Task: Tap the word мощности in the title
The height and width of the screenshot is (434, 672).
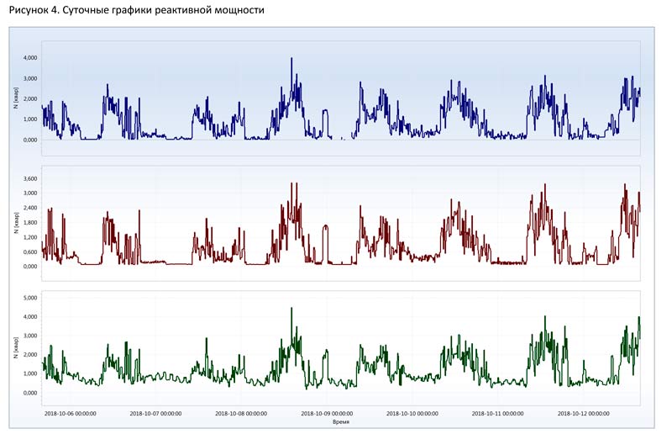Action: click(x=239, y=11)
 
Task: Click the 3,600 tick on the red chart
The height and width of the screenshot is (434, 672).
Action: click(x=30, y=178)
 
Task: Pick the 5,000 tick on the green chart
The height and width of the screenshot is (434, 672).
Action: click(x=30, y=298)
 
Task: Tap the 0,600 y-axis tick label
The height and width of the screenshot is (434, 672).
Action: click(x=30, y=251)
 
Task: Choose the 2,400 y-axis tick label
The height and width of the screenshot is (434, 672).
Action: click(x=30, y=208)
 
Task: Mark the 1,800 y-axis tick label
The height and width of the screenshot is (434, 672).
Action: click(x=30, y=223)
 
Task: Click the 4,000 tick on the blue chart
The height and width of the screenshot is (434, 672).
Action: click(x=30, y=58)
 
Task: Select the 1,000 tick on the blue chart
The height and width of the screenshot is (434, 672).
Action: click(x=30, y=119)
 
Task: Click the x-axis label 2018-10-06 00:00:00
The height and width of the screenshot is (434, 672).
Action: click(x=70, y=414)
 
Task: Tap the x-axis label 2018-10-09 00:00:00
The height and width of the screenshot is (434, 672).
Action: click(x=327, y=414)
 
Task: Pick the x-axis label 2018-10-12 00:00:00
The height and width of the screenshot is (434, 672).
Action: click(x=583, y=414)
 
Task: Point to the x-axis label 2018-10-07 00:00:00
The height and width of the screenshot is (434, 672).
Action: click(x=155, y=414)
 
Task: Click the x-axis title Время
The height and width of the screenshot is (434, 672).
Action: click(x=341, y=422)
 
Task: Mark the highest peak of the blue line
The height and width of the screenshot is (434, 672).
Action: click(x=291, y=59)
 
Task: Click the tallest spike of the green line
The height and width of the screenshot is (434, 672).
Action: click(x=291, y=308)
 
